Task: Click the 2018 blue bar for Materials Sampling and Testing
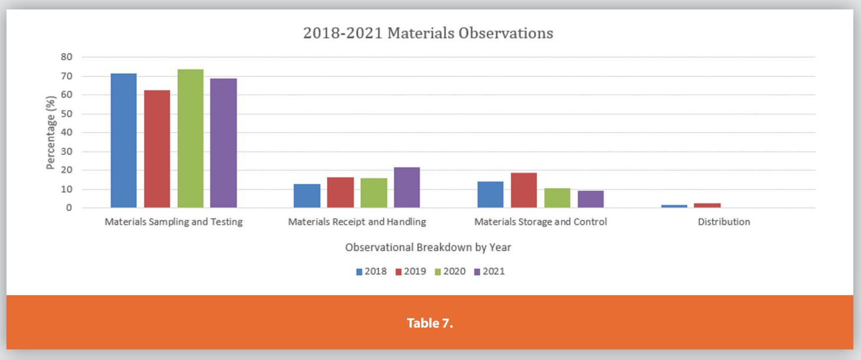(124, 140)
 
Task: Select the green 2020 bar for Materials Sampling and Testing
(190, 138)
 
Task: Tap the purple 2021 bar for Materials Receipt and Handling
(407, 187)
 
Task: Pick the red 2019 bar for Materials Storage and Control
(524, 190)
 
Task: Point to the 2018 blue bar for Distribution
(674, 206)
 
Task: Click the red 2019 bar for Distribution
(707, 206)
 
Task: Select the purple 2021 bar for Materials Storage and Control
(591, 199)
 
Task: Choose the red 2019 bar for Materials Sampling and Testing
(157, 149)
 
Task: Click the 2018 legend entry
(371, 272)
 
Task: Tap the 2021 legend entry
(489, 272)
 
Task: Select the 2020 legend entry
(450, 272)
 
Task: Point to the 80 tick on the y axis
(67, 57)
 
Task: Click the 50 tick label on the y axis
(67, 114)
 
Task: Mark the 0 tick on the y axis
(69, 207)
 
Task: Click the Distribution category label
(724, 222)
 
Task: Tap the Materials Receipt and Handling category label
(357, 222)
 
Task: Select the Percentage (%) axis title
(51, 133)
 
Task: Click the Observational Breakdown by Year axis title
(428, 247)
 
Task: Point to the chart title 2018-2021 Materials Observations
(428, 33)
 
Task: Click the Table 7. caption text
(430, 323)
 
